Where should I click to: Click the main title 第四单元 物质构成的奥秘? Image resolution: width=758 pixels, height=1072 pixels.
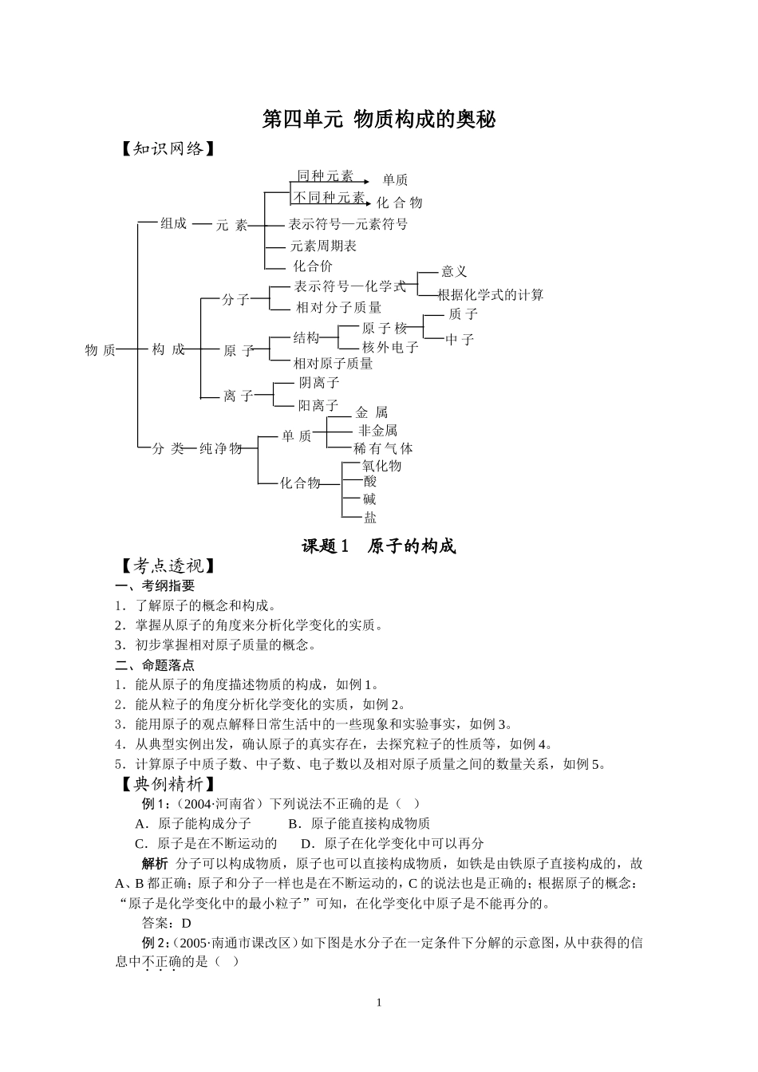pyautogui.click(x=379, y=120)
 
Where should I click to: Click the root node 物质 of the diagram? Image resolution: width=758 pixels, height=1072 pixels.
pyautogui.click(x=101, y=350)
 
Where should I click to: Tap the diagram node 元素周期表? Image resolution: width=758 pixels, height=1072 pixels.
pyautogui.click(x=323, y=246)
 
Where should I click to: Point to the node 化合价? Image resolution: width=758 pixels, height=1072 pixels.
pyautogui.click(x=313, y=266)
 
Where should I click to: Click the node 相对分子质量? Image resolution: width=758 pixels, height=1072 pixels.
pyautogui.click(x=338, y=307)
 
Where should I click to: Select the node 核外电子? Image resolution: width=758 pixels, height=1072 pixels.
pyautogui.click(x=390, y=347)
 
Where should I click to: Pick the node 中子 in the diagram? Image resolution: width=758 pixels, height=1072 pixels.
pyautogui.click(x=460, y=339)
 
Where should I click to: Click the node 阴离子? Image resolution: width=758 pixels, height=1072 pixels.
pyautogui.click(x=319, y=383)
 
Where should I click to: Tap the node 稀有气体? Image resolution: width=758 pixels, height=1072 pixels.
pyautogui.click(x=383, y=449)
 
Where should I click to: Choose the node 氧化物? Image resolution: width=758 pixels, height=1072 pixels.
pyautogui.click(x=382, y=466)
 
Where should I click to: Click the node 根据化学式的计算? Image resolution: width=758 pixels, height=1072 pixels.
pyautogui.click(x=491, y=295)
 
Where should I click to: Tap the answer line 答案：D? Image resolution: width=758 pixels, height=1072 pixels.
pyautogui.click(x=167, y=924)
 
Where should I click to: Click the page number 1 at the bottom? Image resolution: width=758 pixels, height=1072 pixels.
pyautogui.click(x=379, y=1003)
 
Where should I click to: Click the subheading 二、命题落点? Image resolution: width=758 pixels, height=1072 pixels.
pyautogui.click(x=155, y=664)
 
